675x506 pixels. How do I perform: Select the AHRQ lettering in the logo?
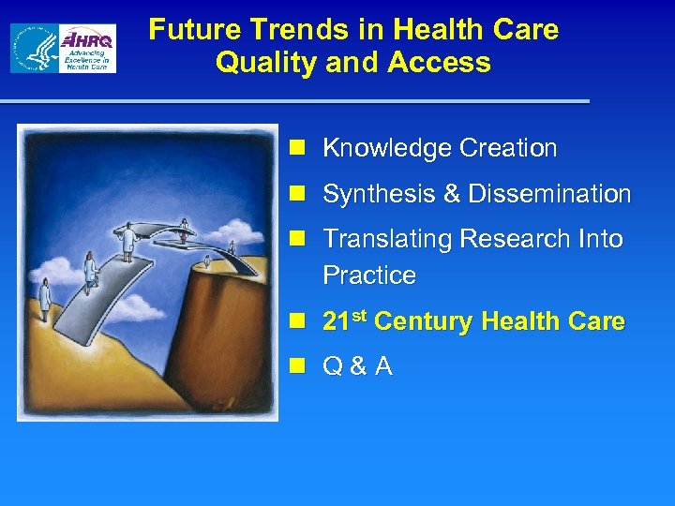87,40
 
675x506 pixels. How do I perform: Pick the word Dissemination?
549,194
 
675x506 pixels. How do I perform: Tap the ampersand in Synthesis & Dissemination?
451,194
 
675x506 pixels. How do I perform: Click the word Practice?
368,275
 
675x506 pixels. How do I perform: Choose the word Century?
426,321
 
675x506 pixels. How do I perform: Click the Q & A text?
357,366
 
